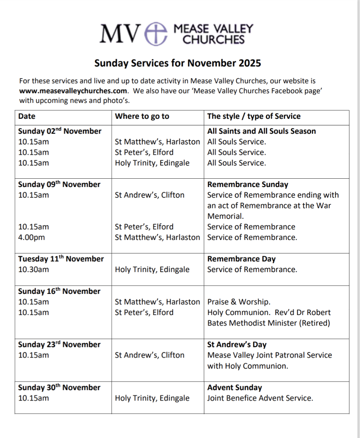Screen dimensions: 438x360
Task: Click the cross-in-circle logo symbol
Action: [x=156, y=34]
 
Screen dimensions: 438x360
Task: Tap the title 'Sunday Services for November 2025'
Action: [x=178, y=63]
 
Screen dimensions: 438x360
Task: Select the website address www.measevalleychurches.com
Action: [x=73, y=91]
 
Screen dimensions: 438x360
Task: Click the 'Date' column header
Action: [x=27, y=116]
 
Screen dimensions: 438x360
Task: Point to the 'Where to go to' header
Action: [x=142, y=116]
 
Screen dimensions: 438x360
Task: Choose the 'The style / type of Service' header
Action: [x=254, y=116]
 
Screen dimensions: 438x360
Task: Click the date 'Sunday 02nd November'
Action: [x=60, y=131]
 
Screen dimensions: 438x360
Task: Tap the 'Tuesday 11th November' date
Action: [x=61, y=259]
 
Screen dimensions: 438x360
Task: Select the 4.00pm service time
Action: [x=31, y=238]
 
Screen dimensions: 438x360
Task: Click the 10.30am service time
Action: [x=34, y=269]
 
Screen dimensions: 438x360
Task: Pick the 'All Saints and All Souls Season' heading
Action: [x=261, y=131]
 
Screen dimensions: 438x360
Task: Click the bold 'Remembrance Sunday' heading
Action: [x=247, y=185]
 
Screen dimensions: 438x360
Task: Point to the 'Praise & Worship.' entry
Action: [x=239, y=302]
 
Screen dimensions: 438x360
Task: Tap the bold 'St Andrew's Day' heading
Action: [x=237, y=345]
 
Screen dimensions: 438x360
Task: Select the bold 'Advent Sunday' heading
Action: [x=234, y=387]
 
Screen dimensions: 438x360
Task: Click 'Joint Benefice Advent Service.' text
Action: [x=260, y=398]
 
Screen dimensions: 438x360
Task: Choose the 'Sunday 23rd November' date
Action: [x=59, y=345]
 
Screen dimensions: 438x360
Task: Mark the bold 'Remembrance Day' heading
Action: [x=241, y=259]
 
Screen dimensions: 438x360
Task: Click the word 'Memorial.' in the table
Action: [x=225, y=216]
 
